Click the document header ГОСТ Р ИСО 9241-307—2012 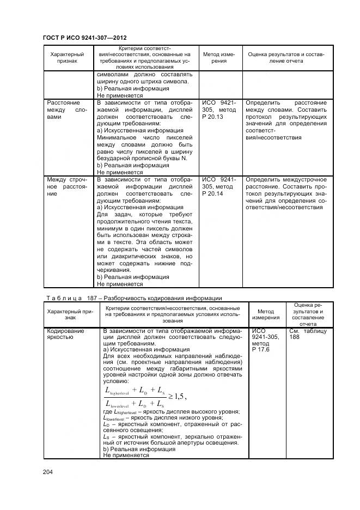tap(85, 38)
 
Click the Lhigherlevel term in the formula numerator tap(117, 390)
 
